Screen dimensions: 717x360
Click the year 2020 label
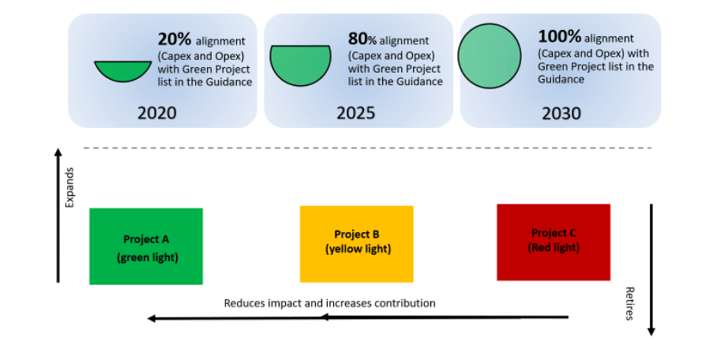[157, 113]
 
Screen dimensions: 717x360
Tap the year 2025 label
[356, 113]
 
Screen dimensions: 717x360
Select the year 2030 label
[561, 114]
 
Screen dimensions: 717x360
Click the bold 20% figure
[175, 39]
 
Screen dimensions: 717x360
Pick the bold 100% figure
[559, 36]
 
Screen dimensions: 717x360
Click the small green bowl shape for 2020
[123, 70]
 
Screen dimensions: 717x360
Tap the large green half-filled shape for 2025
[300, 65]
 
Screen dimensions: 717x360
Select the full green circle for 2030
[490, 56]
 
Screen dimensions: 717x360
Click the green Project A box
[146, 246]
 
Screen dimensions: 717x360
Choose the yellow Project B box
[357, 244]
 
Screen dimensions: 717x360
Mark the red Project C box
[554, 242]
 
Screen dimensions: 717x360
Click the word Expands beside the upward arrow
[69, 188]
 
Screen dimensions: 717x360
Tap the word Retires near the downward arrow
[629, 304]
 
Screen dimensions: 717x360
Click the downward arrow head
[651, 332]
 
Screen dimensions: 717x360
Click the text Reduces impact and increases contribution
[330, 303]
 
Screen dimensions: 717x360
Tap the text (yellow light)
[358, 249]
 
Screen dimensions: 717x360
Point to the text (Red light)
[554, 248]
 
